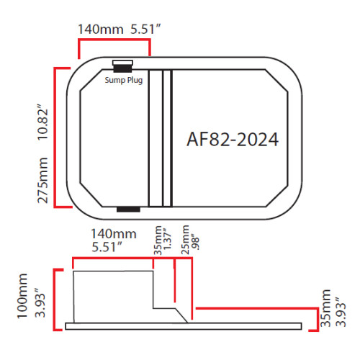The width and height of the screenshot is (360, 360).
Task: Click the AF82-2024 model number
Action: pos(233,139)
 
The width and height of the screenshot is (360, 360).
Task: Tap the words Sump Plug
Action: pos(124,80)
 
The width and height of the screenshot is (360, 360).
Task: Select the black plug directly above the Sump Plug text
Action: pos(122,65)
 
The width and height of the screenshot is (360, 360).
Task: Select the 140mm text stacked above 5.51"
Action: pos(112,235)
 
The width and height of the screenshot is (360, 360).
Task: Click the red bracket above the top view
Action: pos(114,41)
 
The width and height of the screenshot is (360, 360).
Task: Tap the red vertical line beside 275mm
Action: pos(57,137)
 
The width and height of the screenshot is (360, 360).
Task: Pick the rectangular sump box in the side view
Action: pos(113,295)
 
